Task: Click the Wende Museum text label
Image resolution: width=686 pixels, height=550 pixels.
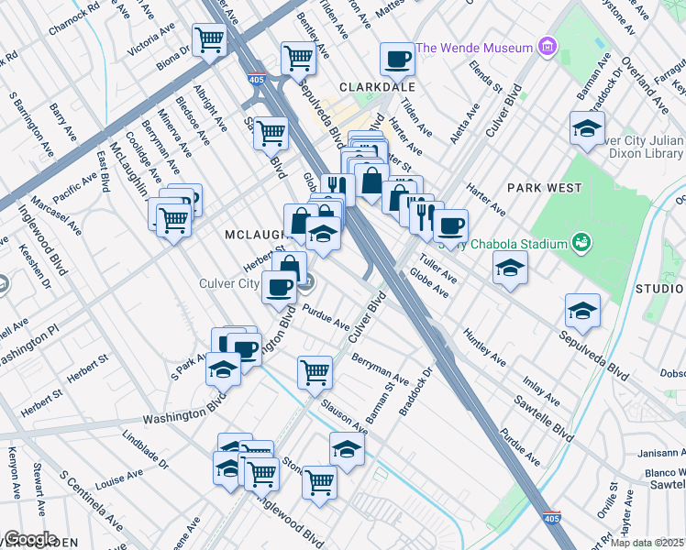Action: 474,48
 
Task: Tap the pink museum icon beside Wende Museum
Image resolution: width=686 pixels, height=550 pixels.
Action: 548,47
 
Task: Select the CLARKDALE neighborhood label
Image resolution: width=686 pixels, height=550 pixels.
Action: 377,86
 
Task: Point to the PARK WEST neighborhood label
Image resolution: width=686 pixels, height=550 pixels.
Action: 544,188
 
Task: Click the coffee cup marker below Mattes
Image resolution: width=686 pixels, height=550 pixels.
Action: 397,60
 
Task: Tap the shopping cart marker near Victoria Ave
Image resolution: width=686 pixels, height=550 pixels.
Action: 210,39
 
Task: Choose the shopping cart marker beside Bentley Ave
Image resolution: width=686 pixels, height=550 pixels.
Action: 299,58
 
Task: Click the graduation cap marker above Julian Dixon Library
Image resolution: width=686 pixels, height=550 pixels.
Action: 586,128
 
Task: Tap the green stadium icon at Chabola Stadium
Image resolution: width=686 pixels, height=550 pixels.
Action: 580,243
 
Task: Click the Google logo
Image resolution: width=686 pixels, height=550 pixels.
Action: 29,539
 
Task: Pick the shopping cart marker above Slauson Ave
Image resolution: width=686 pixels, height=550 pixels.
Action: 315,372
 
